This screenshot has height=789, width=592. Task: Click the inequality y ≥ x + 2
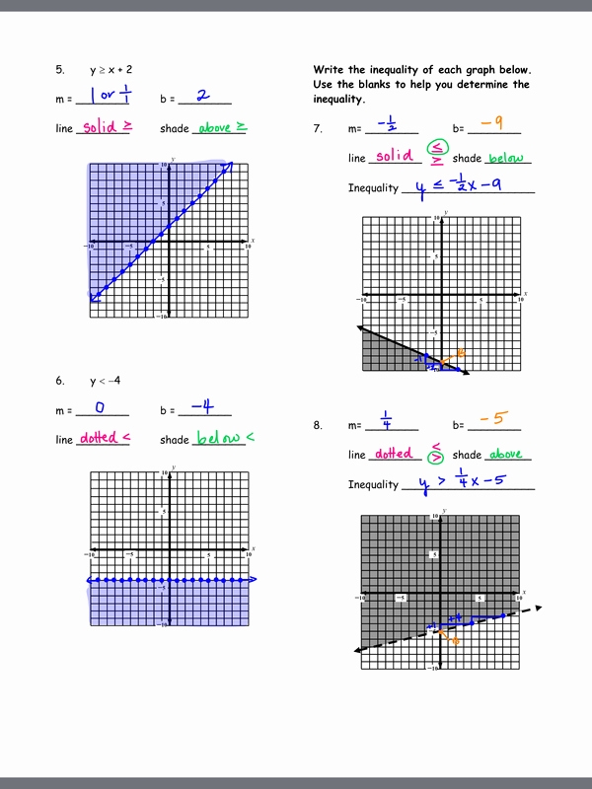111,70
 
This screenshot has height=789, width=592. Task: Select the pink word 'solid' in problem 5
100,127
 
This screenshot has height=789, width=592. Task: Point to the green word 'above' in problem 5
215,128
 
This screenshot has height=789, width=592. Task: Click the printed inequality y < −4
106,381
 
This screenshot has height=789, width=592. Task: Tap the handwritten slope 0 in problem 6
100,406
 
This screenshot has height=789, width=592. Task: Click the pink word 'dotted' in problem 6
98,438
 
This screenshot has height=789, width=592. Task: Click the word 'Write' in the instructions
329,70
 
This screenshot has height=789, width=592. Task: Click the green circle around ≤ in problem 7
435,148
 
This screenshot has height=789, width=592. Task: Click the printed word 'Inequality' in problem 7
373,188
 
